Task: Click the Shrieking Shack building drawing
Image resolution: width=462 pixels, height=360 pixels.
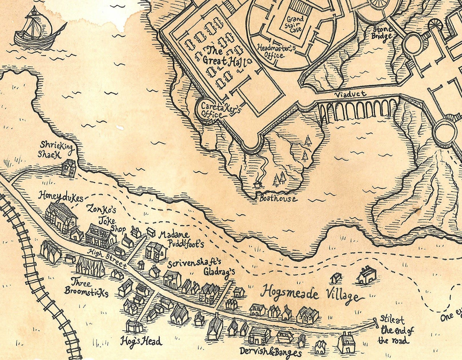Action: coord(69,168)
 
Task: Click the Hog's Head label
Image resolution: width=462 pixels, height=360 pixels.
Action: coord(141,341)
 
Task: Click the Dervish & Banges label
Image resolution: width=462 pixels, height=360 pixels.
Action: coord(270,351)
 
